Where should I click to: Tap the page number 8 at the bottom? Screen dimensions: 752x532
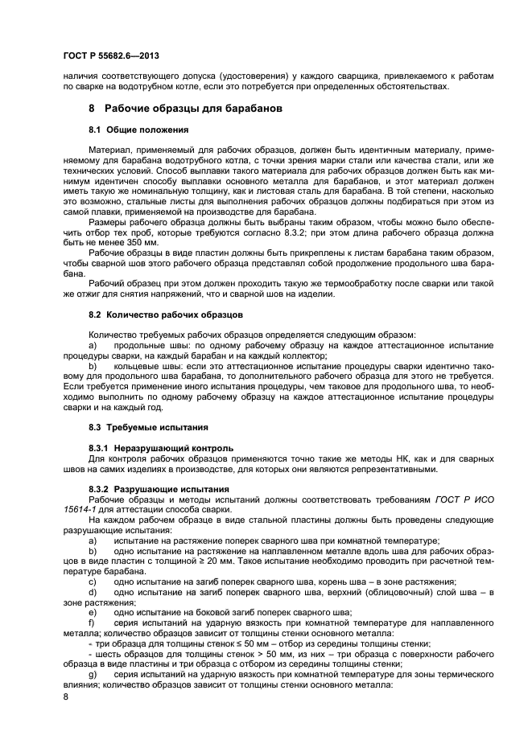tap(65, 697)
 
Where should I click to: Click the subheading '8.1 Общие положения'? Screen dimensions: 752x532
tap(138, 129)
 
